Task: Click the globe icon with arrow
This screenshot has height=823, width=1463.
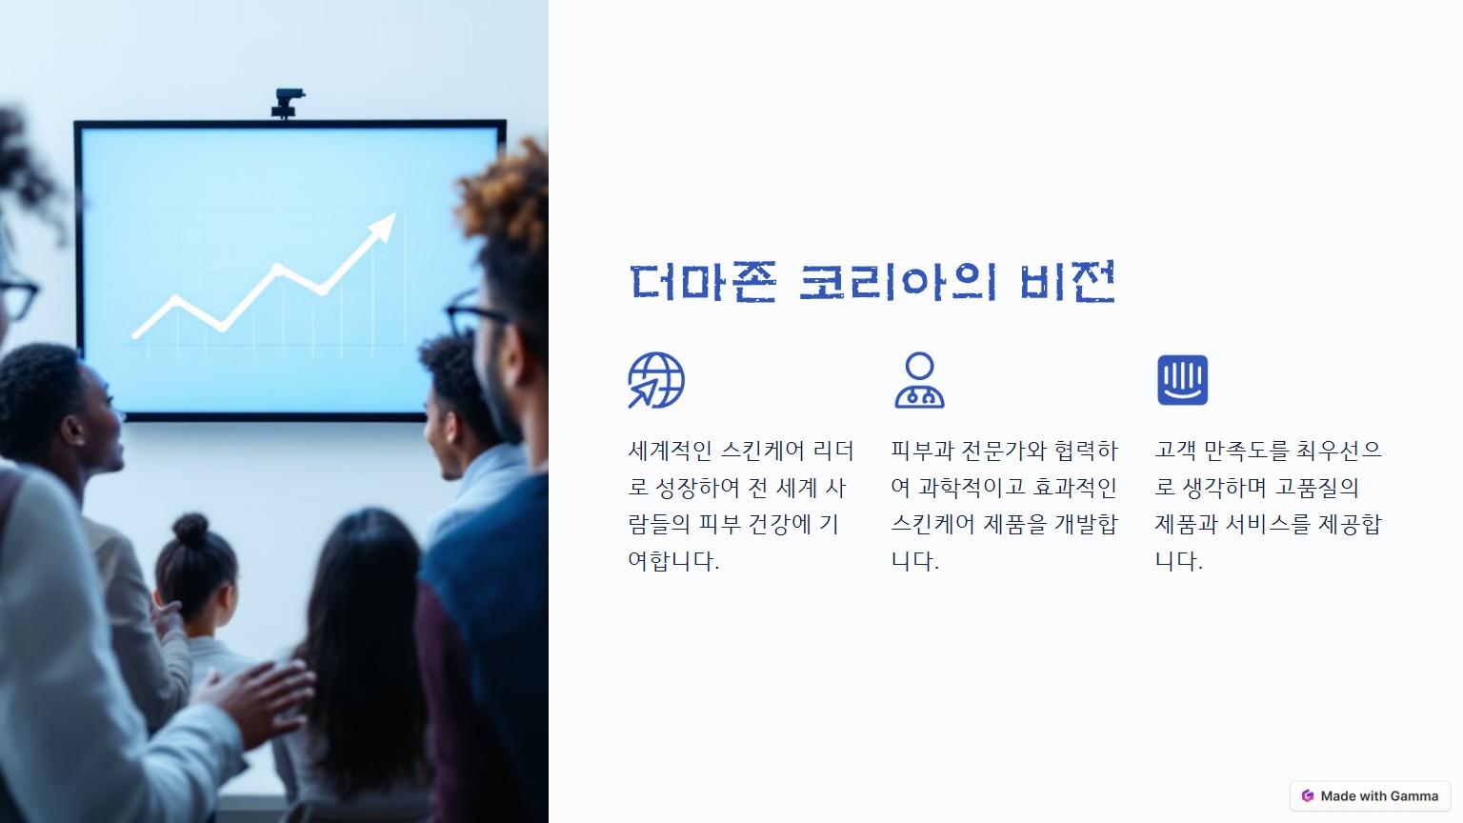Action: coord(655,380)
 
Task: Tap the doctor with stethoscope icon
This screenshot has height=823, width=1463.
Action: coord(919,380)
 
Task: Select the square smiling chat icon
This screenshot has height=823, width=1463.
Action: coord(1182,380)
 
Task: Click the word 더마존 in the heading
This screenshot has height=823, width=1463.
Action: coord(703,282)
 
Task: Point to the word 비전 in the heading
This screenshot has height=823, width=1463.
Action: coord(1067,282)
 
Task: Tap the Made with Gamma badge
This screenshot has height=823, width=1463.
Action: coord(1371,795)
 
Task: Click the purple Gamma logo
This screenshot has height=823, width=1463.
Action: coord(1308,795)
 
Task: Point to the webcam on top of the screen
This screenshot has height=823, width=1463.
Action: coord(288,103)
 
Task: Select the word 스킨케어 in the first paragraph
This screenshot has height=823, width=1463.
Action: coord(762,450)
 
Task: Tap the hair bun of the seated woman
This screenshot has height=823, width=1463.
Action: coord(190,529)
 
